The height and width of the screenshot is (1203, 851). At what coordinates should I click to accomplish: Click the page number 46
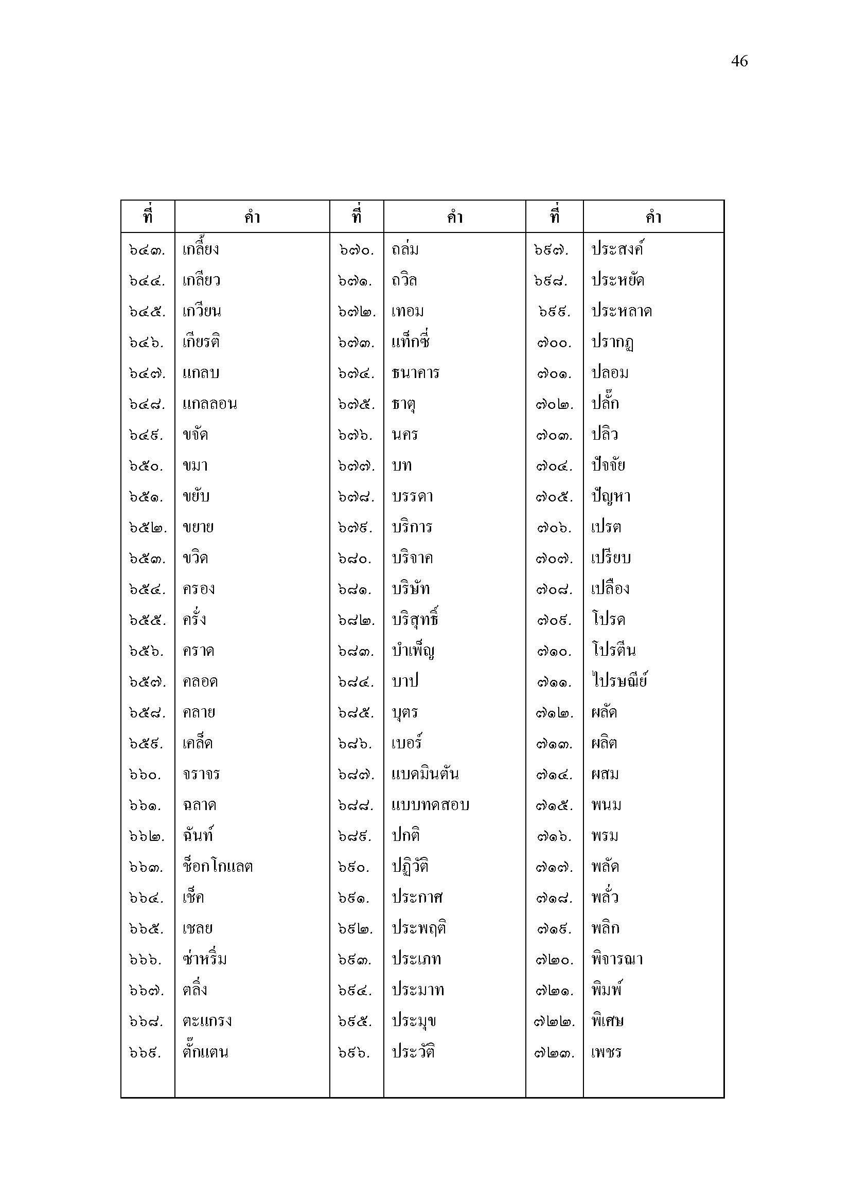pos(739,61)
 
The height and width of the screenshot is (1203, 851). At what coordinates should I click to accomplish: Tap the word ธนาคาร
pos(415,373)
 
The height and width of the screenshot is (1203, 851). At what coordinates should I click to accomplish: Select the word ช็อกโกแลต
pos(218,866)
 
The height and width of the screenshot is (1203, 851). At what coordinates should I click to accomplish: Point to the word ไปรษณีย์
pos(619,681)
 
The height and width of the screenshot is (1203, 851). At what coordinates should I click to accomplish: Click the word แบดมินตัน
pos(425,774)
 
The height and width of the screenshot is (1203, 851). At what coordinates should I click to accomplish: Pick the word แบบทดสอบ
pos(430,805)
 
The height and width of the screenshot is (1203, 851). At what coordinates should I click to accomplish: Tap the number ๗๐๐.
pos(554,343)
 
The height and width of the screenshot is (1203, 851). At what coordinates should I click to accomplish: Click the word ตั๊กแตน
pos(205,1052)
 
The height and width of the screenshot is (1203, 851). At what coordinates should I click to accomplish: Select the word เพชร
pos(606,1052)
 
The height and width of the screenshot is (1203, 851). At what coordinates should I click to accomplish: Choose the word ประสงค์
pos(617,249)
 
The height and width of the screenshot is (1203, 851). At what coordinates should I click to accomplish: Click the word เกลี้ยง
pos(200,249)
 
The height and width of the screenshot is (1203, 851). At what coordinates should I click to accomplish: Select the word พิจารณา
pos(617,959)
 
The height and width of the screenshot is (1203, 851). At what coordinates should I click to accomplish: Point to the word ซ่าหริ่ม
pos(204,959)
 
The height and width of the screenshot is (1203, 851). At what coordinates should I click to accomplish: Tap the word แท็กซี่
pos(410,342)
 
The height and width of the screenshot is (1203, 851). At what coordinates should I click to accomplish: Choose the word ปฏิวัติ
pos(410,866)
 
